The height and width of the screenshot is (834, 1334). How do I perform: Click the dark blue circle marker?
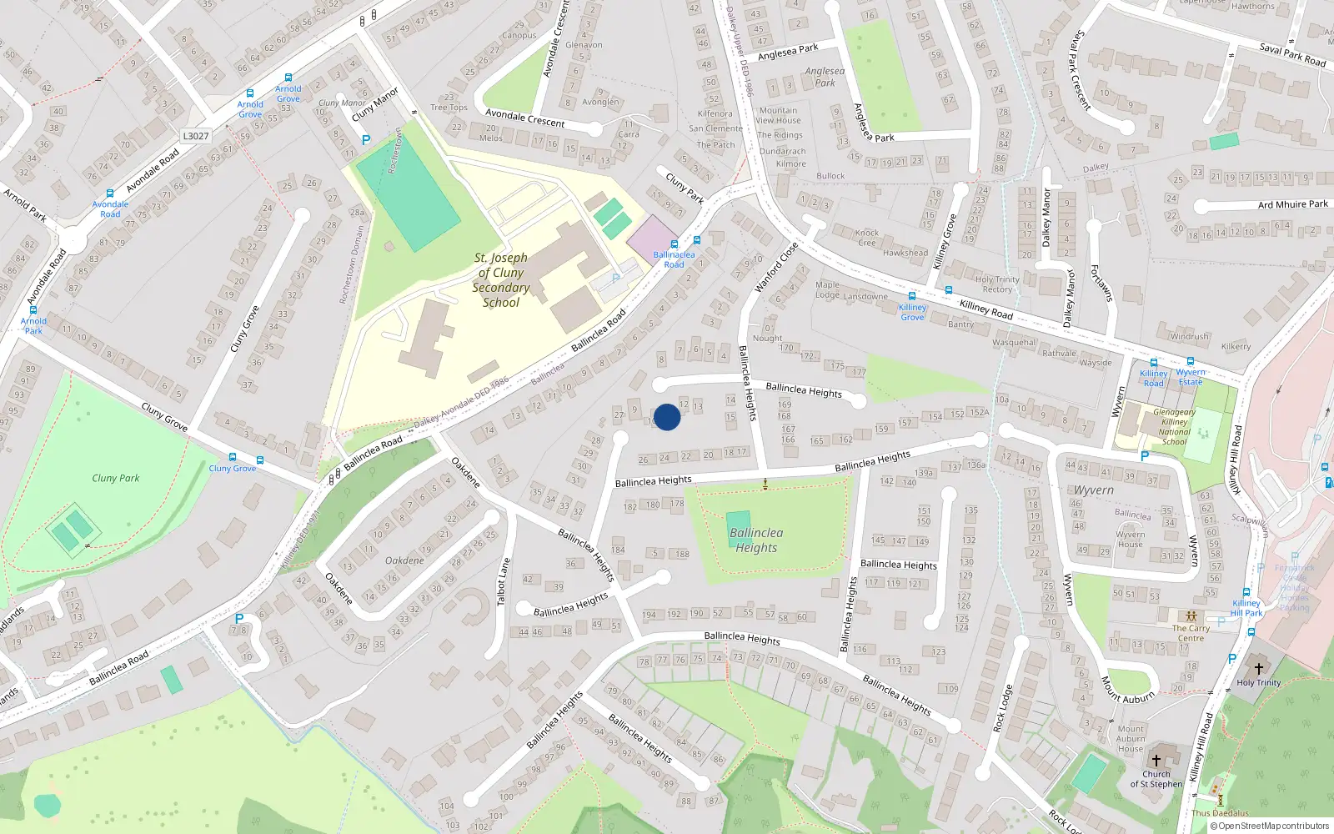[667, 417]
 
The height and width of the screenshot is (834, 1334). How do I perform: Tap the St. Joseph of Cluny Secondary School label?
[501, 280]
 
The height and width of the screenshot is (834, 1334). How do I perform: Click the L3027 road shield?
[195, 136]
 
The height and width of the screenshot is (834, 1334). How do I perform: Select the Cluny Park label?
[116, 478]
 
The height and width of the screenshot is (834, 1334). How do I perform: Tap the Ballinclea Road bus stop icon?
[675, 244]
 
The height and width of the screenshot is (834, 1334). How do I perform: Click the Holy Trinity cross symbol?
[1259, 668]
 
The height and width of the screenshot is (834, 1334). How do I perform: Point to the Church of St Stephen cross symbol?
[1156, 761]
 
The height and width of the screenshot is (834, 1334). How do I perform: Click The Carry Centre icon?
[1191, 616]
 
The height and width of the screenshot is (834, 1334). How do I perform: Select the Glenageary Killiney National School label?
[1174, 426]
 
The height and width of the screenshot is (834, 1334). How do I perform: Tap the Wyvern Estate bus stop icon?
[1191, 362]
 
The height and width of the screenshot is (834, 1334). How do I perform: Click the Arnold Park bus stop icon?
[33, 310]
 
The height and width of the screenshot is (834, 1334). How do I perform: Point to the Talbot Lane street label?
[503, 582]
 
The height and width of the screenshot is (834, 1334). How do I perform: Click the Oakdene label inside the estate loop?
[404, 560]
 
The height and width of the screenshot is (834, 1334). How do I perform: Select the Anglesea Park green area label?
[825, 77]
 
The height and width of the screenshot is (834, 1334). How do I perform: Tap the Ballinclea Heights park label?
[756, 540]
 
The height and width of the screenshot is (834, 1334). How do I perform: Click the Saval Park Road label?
[1292, 55]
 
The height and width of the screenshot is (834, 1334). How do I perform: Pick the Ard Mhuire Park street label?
[1292, 204]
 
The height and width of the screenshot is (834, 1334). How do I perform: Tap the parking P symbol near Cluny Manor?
[365, 140]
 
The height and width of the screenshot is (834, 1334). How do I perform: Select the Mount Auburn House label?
[1131, 739]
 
